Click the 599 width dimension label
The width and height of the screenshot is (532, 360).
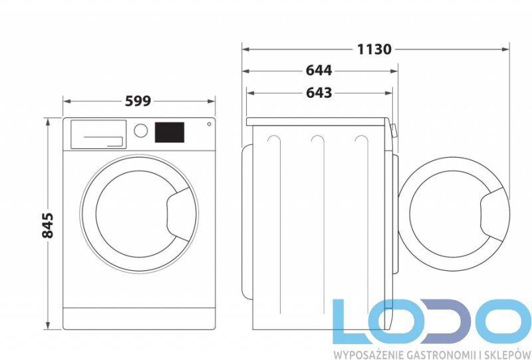coord(138,101)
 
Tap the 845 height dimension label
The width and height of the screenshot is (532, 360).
coord(48,225)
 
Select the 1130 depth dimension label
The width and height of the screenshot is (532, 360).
coord(374,49)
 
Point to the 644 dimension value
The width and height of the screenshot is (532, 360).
coord(319,71)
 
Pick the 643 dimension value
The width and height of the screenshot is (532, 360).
coord(319,92)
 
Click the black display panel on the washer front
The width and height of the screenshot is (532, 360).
coord(170,132)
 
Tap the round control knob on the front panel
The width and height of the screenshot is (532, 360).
coord(141,130)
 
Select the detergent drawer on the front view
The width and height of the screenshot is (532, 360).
coord(98,134)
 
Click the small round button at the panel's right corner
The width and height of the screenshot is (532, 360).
coord(209,124)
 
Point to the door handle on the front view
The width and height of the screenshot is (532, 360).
coord(178,214)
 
